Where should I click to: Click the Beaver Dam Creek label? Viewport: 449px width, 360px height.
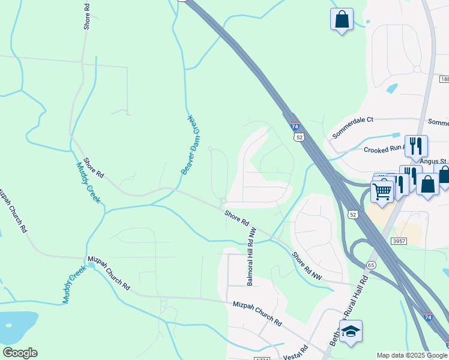(193, 145)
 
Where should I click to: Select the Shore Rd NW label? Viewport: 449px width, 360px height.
(307, 265)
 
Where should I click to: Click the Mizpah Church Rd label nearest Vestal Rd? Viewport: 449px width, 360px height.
(258, 313)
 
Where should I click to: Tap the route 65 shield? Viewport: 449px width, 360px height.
(371, 265)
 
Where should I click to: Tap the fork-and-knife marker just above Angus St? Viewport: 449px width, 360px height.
(416, 146)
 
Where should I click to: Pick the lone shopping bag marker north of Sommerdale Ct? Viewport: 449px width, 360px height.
(342, 19)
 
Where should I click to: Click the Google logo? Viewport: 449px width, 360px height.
(20, 353)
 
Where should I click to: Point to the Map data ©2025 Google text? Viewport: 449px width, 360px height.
(411, 355)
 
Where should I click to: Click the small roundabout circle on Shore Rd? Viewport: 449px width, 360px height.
(223, 201)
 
